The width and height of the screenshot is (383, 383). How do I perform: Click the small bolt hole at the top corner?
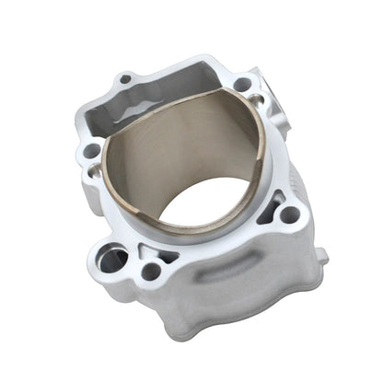tap(125, 79)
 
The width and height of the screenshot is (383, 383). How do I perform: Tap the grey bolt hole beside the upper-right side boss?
tap(242, 85)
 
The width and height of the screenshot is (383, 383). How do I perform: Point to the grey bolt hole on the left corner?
tap(90, 150)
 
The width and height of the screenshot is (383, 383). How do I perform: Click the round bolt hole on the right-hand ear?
tap(288, 215)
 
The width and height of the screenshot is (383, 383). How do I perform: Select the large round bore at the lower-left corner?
tap(112, 261)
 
